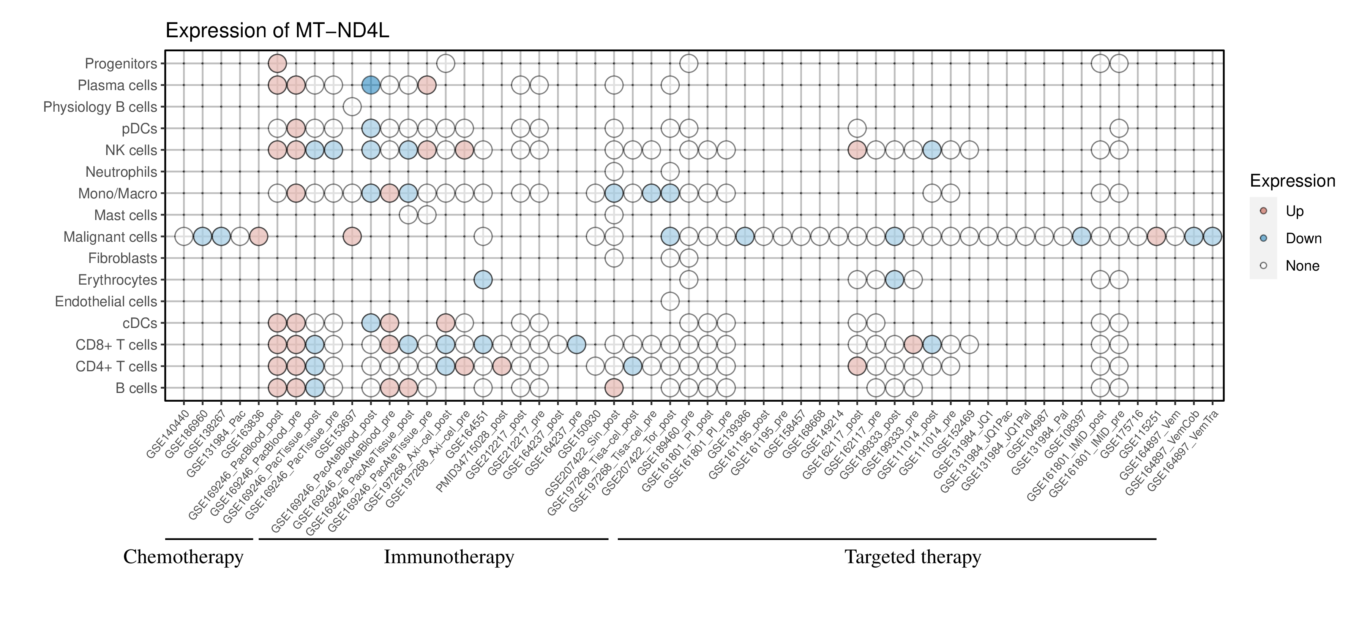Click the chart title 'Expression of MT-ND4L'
point(277,31)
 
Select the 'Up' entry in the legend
point(1294,211)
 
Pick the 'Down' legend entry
point(1303,238)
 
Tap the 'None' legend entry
point(1302,266)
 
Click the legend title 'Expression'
point(1292,181)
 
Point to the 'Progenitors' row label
point(121,64)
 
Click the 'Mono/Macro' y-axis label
point(117,194)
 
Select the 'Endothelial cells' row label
point(106,302)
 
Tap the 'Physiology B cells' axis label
point(100,107)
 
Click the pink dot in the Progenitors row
point(277,64)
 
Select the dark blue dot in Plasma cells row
point(370,85)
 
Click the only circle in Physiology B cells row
point(352,107)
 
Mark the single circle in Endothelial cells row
point(670,302)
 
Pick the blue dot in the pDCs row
point(370,128)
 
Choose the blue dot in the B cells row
point(315,388)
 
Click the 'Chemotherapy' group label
point(183,557)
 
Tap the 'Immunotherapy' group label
point(449,557)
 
